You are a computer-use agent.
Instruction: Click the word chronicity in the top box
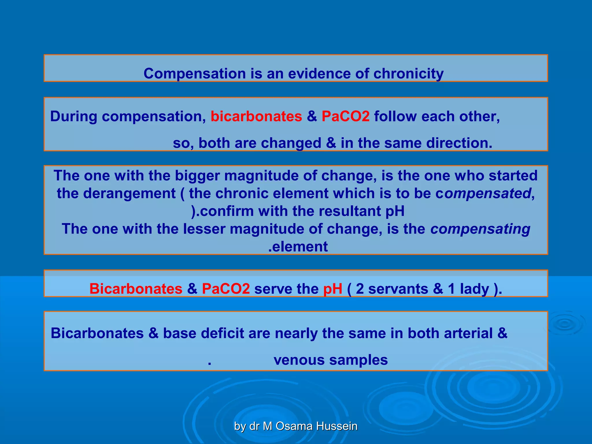(x=408, y=74)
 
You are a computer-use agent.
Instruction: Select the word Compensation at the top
(x=195, y=74)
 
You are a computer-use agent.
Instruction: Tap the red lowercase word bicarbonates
(x=256, y=116)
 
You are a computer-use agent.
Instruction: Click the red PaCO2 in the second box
(x=345, y=116)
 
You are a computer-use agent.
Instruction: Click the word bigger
(x=197, y=176)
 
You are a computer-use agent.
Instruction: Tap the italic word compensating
(x=480, y=229)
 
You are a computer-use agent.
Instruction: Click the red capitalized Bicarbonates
(x=136, y=289)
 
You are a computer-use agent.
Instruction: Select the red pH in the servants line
(x=332, y=289)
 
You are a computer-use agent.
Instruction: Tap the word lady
(x=474, y=289)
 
